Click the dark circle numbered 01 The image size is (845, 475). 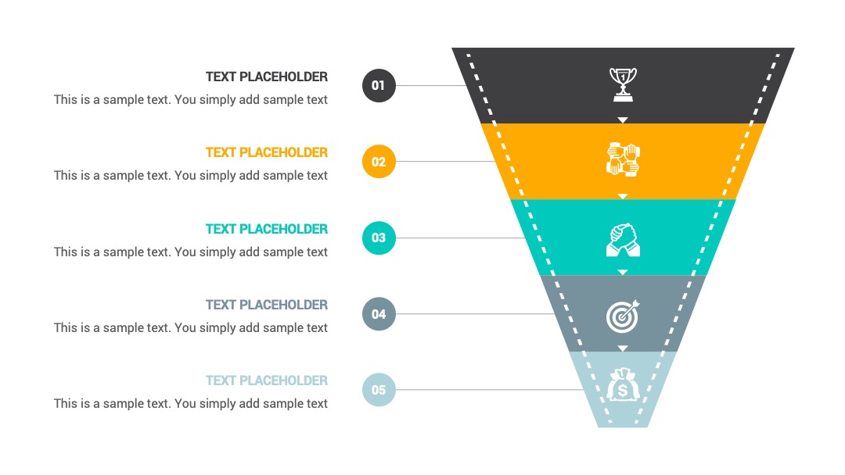pos(379,85)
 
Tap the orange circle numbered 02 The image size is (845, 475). pos(379,162)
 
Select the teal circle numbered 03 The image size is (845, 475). pos(379,237)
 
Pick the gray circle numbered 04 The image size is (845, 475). pos(379,313)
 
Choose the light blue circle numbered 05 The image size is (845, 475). pos(379,390)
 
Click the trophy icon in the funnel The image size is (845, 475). pos(623,84)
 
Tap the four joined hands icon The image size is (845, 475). pos(623,160)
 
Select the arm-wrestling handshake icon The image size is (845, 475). pos(623,240)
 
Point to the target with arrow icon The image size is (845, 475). pos(623,316)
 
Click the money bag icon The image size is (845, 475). pos(623,384)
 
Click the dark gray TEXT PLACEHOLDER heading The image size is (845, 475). pos(267,77)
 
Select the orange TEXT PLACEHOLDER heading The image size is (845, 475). pos(267,153)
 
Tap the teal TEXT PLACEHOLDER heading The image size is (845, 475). pos(267,229)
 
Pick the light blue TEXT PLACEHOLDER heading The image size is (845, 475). pos(267,381)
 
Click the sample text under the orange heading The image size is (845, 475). pos(191,176)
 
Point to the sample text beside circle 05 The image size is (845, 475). pos(191,404)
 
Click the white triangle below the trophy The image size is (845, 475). pos(623,120)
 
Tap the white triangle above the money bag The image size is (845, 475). pos(623,348)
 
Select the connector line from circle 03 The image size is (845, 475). pos(461,237)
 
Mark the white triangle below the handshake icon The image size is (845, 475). pos(623,272)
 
